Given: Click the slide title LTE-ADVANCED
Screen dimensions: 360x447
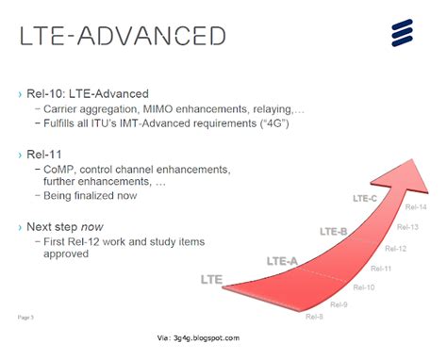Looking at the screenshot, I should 124,37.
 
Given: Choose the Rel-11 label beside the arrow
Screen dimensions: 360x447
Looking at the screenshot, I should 380,269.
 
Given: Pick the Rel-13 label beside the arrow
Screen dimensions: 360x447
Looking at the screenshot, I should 407,227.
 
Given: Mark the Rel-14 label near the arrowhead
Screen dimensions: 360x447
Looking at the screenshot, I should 416,206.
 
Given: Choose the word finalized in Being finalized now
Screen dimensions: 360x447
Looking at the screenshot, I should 94,195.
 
